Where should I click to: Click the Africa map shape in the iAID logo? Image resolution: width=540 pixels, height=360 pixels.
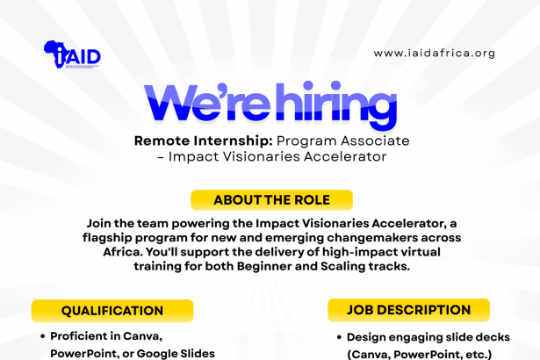[55, 54]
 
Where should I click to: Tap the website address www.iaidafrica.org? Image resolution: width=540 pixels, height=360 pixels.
[435, 53]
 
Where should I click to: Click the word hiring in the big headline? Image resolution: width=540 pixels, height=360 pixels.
[336, 104]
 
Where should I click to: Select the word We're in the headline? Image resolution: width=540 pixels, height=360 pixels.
[207, 103]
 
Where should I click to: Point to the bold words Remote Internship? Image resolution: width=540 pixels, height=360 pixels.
[203, 140]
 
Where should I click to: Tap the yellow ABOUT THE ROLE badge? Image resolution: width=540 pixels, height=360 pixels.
[271, 200]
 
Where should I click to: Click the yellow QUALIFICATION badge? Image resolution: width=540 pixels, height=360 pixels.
[112, 311]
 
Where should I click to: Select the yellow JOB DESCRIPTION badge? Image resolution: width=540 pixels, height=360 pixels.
[409, 310]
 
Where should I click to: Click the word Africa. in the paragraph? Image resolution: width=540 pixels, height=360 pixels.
[123, 252]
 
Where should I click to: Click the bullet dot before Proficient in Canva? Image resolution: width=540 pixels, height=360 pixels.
[43, 336]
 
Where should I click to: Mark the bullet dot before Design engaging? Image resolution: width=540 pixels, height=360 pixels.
[339, 337]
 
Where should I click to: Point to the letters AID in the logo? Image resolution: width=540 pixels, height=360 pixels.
[83, 56]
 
